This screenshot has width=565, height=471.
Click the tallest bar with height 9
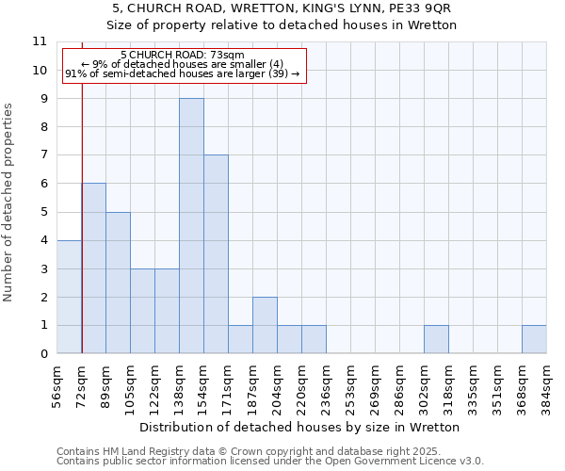point(191,226)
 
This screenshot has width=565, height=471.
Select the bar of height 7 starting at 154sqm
point(216,254)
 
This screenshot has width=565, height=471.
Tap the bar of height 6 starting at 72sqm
point(93,268)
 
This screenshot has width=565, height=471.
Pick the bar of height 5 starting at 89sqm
point(118,283)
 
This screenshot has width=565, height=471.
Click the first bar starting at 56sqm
point(69,297)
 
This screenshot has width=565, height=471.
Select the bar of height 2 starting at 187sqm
point(265,325)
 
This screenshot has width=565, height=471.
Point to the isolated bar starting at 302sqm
point(436,339)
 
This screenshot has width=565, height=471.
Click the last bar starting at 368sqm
point(534,339)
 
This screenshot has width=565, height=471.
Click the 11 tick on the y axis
point(40,41)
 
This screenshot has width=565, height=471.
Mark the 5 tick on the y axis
point(43,212)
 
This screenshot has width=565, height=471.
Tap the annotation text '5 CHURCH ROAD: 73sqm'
point(183,56)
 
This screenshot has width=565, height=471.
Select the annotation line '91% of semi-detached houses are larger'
point(183,73)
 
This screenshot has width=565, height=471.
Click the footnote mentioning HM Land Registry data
point(269,451)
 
